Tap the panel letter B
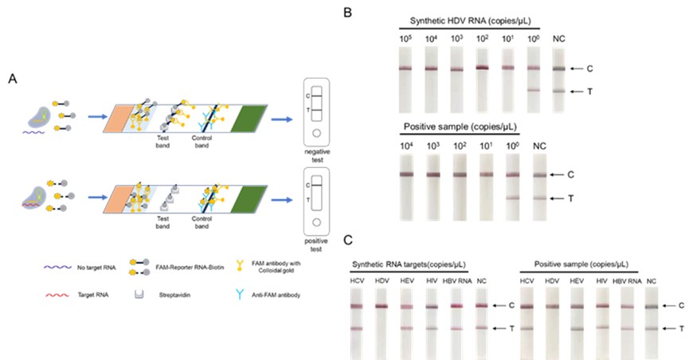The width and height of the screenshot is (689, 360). pyautogui.click(x=347, y=13)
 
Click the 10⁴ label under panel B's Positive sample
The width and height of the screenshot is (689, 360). pyautogui.click(x=407, y=147)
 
